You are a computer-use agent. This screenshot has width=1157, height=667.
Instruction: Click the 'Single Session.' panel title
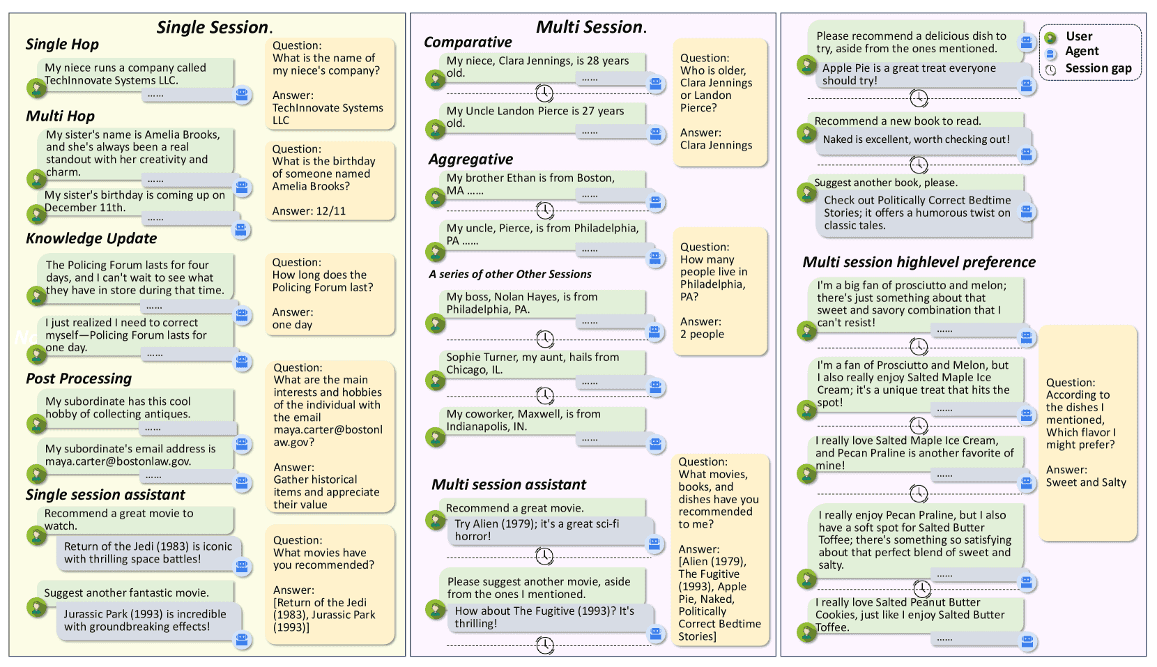click(x=213, y=27)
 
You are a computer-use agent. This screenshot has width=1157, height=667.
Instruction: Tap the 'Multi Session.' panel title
click(x=591, y=27)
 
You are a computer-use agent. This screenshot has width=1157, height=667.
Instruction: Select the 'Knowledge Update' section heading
click(x=91, y=238)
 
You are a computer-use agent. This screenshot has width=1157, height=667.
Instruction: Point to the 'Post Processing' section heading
click(x=79, y=378)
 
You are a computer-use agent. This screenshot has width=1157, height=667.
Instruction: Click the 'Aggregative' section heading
click(x=470, y=160)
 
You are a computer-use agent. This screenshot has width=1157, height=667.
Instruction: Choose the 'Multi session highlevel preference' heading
click(x=919, y=262)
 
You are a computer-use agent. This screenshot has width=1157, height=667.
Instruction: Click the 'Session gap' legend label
click(x=1098, y=68)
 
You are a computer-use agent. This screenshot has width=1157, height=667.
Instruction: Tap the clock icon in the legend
click(x=1051, y=69)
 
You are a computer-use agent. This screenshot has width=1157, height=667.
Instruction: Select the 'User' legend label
click(x=1079, y=36)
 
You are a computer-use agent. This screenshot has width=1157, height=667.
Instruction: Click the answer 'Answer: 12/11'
click(x=309, y=210)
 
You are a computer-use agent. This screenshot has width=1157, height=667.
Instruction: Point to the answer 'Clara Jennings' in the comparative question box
click(x=716, y=145)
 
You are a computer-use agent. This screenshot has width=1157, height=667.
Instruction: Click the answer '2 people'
click(x=702, y=334)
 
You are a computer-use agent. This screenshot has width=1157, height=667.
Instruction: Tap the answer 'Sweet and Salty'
click(x=1086, y=482)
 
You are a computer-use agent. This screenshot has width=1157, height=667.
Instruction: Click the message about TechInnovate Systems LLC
click(x=125, y=74)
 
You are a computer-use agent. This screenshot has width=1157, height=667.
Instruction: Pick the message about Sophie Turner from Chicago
click(x=532, y=363)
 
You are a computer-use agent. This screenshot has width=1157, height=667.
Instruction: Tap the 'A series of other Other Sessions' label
click(x=510, y=274)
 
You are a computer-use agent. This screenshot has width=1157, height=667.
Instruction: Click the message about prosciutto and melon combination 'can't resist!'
click(x=909, y=304)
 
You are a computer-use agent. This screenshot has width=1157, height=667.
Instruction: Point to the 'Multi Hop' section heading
click(x=60, y=116)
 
